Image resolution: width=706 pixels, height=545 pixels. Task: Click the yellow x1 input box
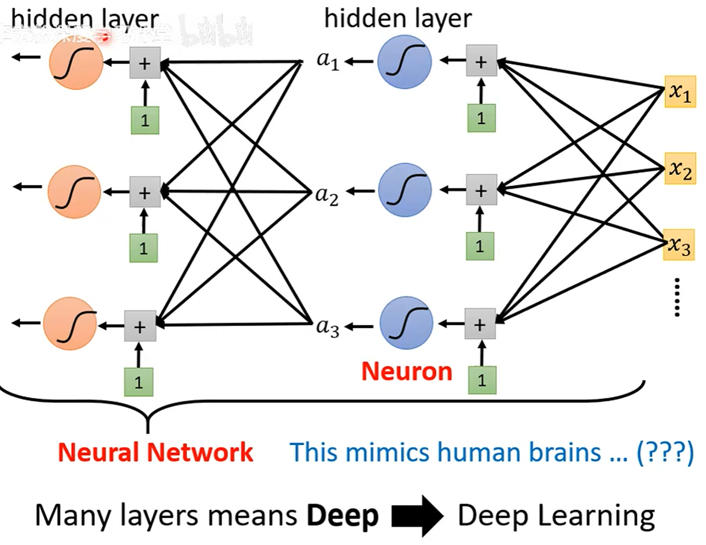coord(680,92)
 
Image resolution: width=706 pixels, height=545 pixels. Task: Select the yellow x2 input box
coord(680,168)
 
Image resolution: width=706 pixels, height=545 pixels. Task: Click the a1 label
coord(328,60)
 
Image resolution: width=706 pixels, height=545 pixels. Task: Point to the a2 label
coord(327,194)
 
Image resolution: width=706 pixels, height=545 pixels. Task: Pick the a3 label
coord(328,327)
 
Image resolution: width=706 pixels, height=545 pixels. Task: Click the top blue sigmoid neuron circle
coord(405,61)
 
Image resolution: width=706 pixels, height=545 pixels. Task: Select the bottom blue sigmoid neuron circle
coord(406,323)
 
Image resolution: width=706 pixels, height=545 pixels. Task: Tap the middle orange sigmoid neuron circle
coord(75,192)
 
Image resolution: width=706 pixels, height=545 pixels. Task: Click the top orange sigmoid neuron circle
coord(76,63)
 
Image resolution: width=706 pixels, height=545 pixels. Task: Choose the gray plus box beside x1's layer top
coord(481,61)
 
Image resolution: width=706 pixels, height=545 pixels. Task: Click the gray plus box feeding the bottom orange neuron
coord(140,326)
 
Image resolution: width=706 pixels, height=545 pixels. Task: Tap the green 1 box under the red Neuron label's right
coord(482,380)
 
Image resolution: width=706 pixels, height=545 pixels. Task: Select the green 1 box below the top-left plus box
coord(145,120)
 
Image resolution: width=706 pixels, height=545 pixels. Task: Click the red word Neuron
coord(407,372)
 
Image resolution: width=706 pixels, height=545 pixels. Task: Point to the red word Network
coord(200,452)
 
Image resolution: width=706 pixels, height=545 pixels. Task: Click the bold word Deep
coord(343,516)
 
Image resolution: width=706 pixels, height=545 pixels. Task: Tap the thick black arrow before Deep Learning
coord(417,516)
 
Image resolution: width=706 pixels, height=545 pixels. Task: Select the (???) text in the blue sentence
coord(665,452)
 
